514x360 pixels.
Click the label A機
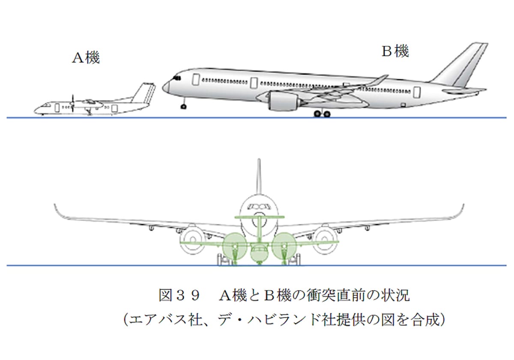point(86,58)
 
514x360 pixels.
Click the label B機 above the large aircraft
point(395,51)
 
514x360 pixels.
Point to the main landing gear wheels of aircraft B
point(322,113)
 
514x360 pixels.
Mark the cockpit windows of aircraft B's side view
point(176,78)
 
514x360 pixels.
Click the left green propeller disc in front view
point(234,247)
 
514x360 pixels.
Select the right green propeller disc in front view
point(283,247)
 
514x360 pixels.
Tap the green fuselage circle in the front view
point(259,254)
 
